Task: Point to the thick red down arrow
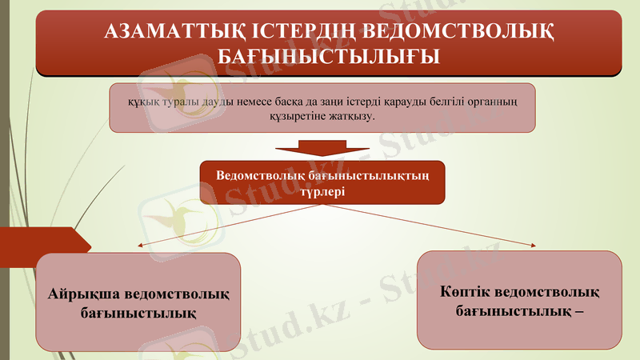click(322, 150)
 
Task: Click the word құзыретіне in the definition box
click(294, 116)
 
